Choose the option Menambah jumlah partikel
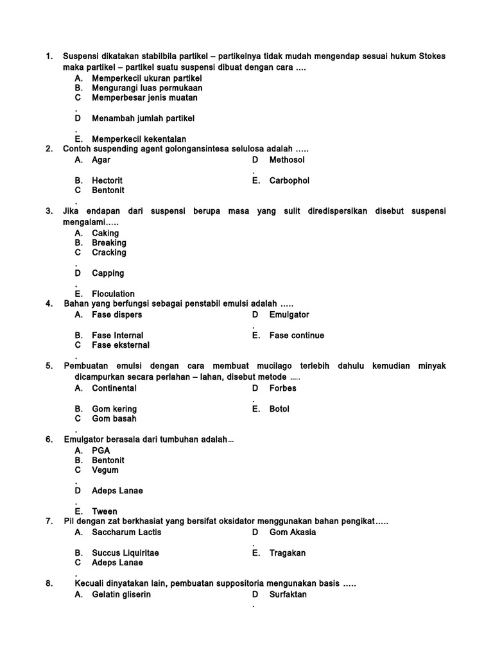click(143, 119)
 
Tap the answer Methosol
click(287, 160)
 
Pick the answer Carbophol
click(289, 181)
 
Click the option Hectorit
click(107, 181)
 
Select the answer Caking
click(105, 233)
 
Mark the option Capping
click(108, 273)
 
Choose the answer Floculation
click(113, 294)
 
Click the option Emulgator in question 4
click(289, 315)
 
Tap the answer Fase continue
click(297, 336)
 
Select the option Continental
click(114, 388)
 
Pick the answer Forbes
click(282, 388)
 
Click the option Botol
click(279, 409)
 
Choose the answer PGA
click(101, 450)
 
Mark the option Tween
click(105, 511)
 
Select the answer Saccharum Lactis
click(126, 533)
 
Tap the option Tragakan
click(288, 553)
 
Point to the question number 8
click(49, 584)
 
